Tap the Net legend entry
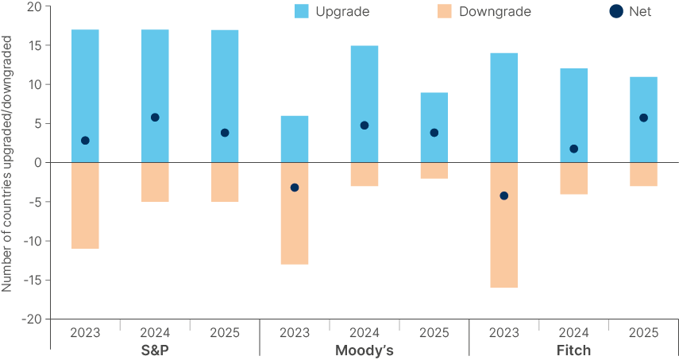pyautogui.click(x=628, y=11)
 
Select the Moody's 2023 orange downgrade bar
pyautogui.click(x=295, y=213)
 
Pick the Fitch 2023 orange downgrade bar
pyautogui.click(x=503, y=225)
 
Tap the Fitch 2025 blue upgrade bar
pyautogui.click(x=643, y=119)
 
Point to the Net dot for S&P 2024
pyautogui.click(x=155, y=118)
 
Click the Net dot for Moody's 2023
pyautogui.click(x=295, y=188)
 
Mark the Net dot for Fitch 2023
pyautogui.click(x=503, y=195)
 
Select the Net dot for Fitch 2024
pyautogui.click(x=573, y=149)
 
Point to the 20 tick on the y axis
pyautogui.click(x=33, y=7)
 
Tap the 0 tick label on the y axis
pyautogui.click(x=37, y=163)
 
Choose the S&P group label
pyautogui.click(x=155, y=350)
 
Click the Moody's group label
pyautogui.click(x=365, y=350)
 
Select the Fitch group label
pyautogui.click(x=573, y=350)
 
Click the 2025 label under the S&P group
pyautogui.click(x=225, y=332)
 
